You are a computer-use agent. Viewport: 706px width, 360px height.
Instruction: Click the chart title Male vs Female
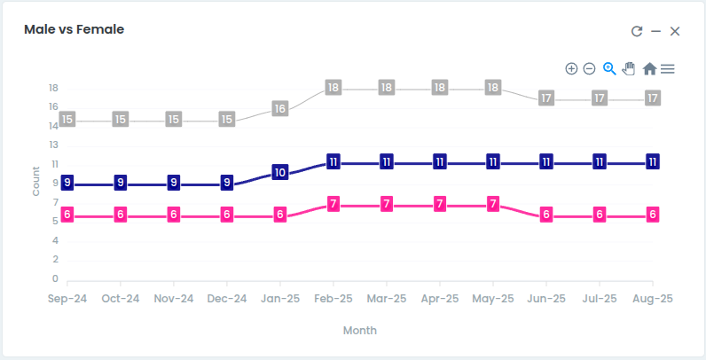point(74,29)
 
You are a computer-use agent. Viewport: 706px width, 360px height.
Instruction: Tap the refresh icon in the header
point(637,31)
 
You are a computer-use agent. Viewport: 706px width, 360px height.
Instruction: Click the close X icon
point(674,31)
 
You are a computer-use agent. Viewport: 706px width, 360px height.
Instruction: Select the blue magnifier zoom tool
point(609,69)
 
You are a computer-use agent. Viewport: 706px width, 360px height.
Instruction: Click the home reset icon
point(649,69)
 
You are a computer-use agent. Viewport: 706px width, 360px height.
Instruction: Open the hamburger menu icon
point(668,69)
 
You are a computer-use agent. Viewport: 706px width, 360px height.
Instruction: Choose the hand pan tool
point(629,69)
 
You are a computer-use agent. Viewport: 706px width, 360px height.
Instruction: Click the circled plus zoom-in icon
point(571,69)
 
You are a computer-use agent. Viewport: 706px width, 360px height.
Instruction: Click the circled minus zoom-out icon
point(590,69)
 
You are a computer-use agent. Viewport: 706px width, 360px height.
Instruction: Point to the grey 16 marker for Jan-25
point(280,108)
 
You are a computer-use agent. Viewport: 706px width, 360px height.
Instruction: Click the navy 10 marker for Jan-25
point(280,172)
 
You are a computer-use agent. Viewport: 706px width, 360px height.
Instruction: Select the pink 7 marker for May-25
point(493,204)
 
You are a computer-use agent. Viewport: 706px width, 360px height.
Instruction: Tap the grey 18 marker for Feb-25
point(333,87)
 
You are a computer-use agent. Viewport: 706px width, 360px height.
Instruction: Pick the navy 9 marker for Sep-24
point(67,183)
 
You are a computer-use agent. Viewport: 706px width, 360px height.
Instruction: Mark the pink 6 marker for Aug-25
point(653,215)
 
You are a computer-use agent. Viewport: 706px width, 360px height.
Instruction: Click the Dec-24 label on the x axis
point(227,299)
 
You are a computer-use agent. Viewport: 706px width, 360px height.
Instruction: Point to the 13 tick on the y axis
point(54,145)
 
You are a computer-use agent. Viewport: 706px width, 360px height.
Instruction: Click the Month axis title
point(360,331)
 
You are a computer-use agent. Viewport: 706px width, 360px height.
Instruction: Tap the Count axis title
point(36,182)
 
